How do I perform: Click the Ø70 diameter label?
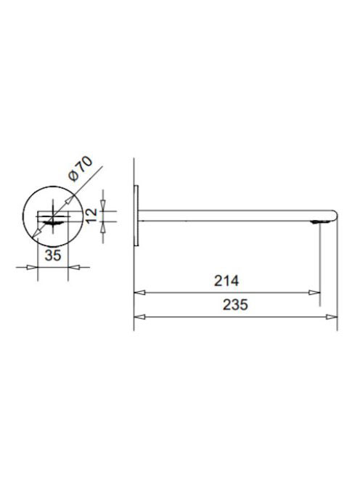81,168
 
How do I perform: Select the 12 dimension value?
91,216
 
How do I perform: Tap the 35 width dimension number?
53,255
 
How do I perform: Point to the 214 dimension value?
226,281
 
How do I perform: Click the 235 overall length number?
235,305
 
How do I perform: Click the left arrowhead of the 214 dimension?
139,293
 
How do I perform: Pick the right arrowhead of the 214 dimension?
314,293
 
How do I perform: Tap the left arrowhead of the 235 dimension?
139,316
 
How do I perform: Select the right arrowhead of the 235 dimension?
332,316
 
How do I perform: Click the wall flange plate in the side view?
136,216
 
